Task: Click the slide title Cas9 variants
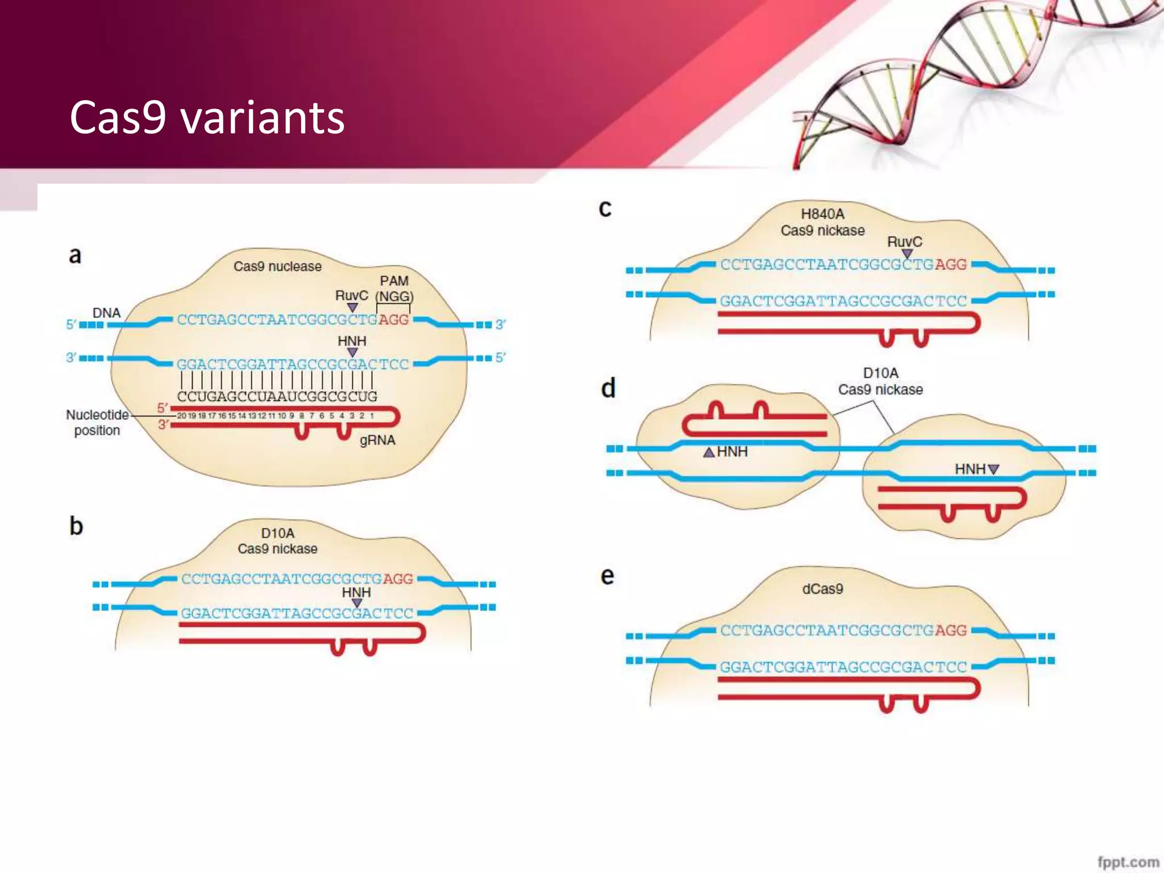click(x=207, y=118)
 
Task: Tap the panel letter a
click(x=75, y=255)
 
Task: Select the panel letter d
click(x=608, y=389)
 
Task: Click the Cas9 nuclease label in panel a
click(x=277, y=266)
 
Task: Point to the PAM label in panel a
click(x=394, y=281)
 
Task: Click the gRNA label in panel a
click(x=377, y=440)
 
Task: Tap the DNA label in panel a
click(x=106, y=313)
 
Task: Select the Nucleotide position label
click(x=97, y=422)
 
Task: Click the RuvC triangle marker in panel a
click(x=352, y=307)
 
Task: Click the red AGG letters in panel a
click(x=394, y=320)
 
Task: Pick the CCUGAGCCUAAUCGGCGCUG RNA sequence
click(x=277, y=396)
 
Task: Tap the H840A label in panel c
click(x=822, y=214)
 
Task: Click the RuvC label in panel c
click(x=904, y=242)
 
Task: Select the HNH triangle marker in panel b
click(x=357, y=603)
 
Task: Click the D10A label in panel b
click(x=277, y=533)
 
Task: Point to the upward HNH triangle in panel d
click(x=709, y=452)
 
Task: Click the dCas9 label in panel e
click(x=822, y=589)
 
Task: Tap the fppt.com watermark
click(x=1128, y=862)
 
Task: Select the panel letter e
click(x=607, y=576)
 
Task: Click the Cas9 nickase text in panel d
click(x=880, y=390)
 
